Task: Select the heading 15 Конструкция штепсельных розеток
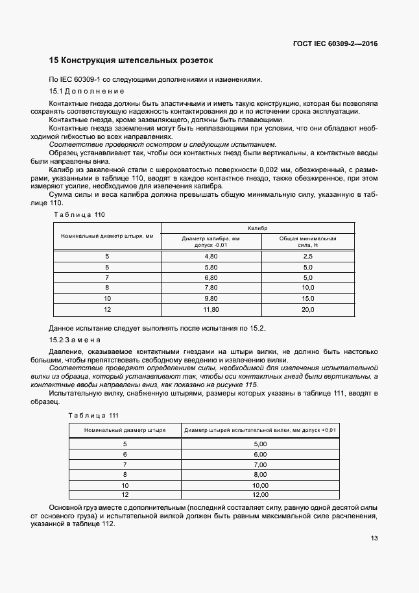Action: pyautogui.click(x=131, y=60)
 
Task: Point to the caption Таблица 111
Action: pyautogui.click(x=94, y=415)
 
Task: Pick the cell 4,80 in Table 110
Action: pyautogui.click(x=211, y=257)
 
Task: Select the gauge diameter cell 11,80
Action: pyautogui.click(x=211, y=310)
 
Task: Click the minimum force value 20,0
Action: pyautogui.click(x=307, y=310)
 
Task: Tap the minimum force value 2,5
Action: pyautogui.click(x=307, y=257)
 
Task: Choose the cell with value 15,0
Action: pyautogui.click(x=307, y=299)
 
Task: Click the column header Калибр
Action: pyautogui.click(x=257, y=228)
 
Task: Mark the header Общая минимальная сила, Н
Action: pyautogui.click(x=307, y=242)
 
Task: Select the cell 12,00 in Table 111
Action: pyautogui.click(x=260, y=495)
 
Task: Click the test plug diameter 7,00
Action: pyautogui.click(x=260, y=464)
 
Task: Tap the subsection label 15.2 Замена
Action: pyautogui.click(x=75, y=340)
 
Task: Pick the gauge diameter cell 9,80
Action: pyautogui.click(x=211, y=299)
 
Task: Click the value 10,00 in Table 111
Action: pyautogui.click(x=260, y=485)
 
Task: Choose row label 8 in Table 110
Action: pyautogui.click(x=107, y=288)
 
